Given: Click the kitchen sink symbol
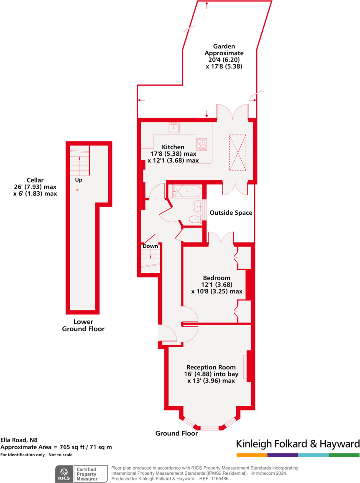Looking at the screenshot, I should (174, 127).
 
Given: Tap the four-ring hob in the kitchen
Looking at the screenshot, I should (201, 145).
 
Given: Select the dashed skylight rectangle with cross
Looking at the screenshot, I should (237, 153).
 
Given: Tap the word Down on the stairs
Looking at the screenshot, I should (150, 246).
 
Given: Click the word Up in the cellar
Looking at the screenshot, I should (79, 180).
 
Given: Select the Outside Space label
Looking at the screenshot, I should (231, 213).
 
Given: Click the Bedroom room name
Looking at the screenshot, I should (217, 278).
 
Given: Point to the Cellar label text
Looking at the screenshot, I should (35, 180).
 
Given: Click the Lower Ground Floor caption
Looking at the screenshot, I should (83, 325).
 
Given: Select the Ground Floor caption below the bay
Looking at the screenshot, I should (176, 433).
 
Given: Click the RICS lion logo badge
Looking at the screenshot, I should (64, 474).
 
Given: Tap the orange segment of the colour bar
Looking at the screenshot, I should (252, 455).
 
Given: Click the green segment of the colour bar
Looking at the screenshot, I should (344, 455).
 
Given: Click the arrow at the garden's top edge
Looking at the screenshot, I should (208, 4).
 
